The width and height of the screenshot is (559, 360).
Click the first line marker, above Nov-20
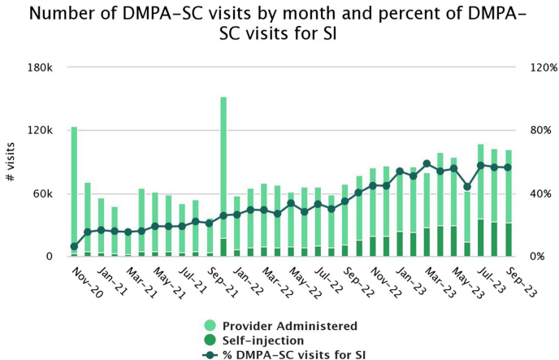(74, 246)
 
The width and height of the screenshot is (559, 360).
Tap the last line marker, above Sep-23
(508, 167)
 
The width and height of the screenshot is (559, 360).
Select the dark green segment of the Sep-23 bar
(508, 240)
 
